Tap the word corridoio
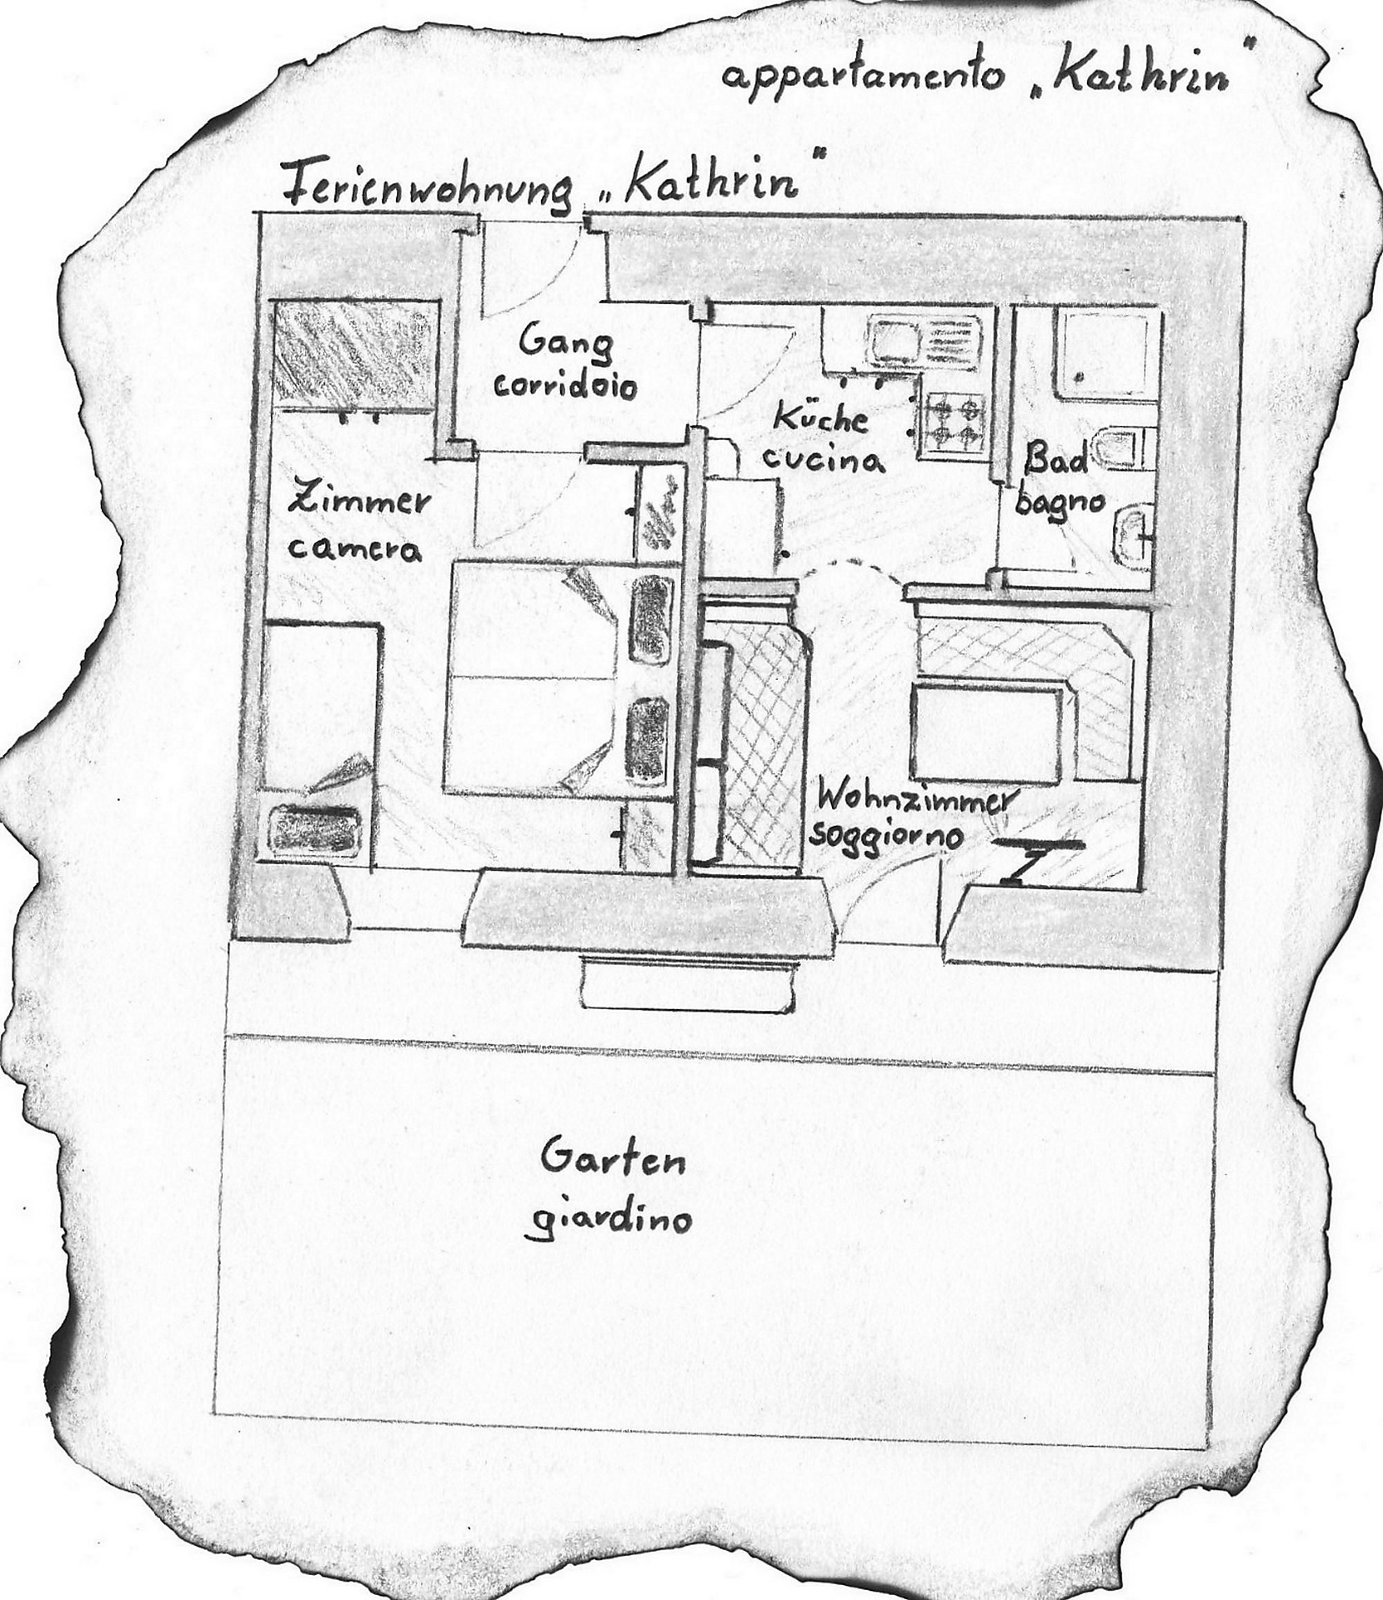[x=566, y=385]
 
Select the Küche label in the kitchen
[x=820, y=416]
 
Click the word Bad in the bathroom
[x=1057, y=457]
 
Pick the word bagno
[x=1060, y=502]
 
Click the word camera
[x=354, y=548]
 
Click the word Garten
[x=613, y=1159]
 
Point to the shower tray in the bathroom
[x=1107, y=354]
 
